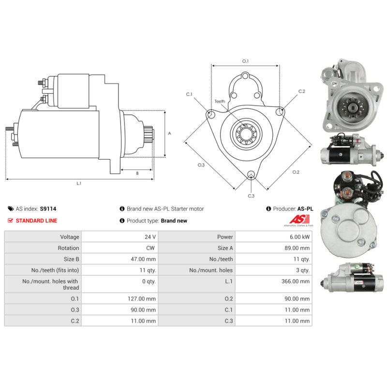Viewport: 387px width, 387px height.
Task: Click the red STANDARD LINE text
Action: [x=36, y=221]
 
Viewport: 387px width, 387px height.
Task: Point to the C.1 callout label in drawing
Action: [x=189, y=94]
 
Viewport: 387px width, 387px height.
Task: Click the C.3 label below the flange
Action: [x=251, y=196]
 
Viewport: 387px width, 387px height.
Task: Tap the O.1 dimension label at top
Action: [x=245, y=61]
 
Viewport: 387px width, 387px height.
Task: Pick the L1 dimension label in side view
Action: [x=79, y=183]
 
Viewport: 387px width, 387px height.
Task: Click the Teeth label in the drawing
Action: [x=220, y=102]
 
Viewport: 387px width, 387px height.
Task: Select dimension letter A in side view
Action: [x=169, y=133]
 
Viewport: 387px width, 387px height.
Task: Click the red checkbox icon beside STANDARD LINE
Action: [x=11, y=221]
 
